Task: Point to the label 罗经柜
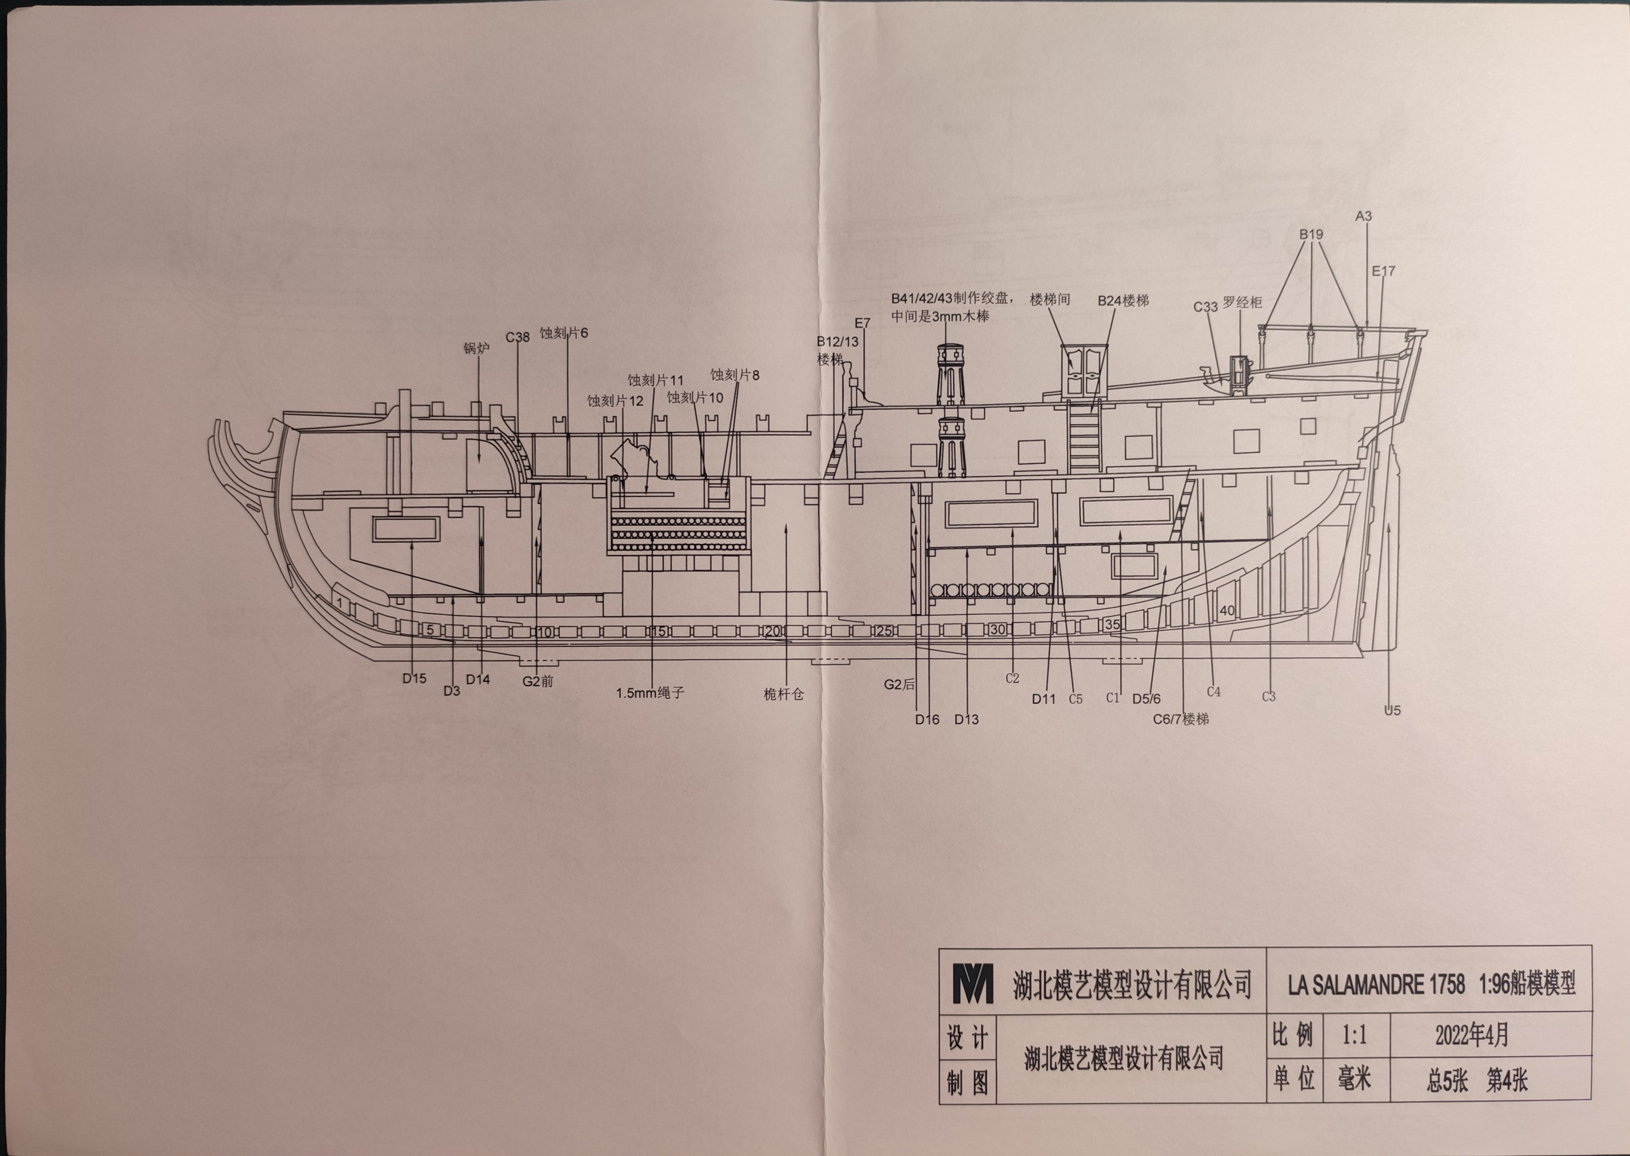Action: pyautogui.click(x=1242, y=303)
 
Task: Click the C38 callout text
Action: pyautogui.click(x=517, y=337)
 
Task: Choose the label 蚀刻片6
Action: pyautogui.click(x=563, y=333)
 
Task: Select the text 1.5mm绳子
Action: pyautogui.click(x=649, y=693)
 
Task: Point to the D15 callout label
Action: pyautogui.click(x=414, y=679)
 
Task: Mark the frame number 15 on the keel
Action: pyautogui.click(x=658, y=631)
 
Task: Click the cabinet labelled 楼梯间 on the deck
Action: pyautogui.click(x=1084, y=372)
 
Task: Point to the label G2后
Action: pyautogui.click(x=899, y=685)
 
